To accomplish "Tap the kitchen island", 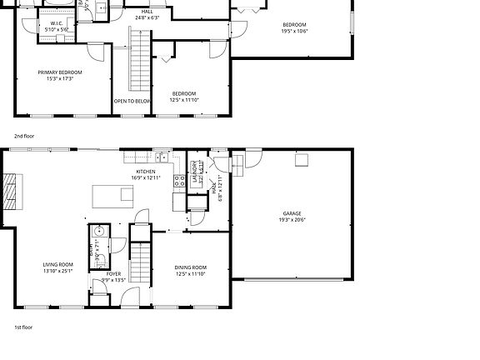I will pyautogui.click(x=113, y=195).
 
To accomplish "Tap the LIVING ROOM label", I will pyautogui.click(x=58, y=265).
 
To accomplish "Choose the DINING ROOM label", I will pyautogui.click(x=191, y=267).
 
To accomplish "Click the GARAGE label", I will pyautogui.click(x=292, y=213).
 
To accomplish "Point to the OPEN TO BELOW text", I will pyautogui.click(x=132, y=101).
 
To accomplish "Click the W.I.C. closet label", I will pyautogui.click(x=57, y=22).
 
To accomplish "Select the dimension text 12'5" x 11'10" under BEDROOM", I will pyautogui.click(x=184, y=100).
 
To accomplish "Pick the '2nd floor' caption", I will pyautogui.click(x=25, y=135).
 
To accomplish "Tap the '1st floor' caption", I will pyautogui.click(x=23, y=327).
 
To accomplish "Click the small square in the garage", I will pyautogui.click(x=301, y=160).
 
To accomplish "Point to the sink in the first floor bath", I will pyautogui.click(x=97, y=232).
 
